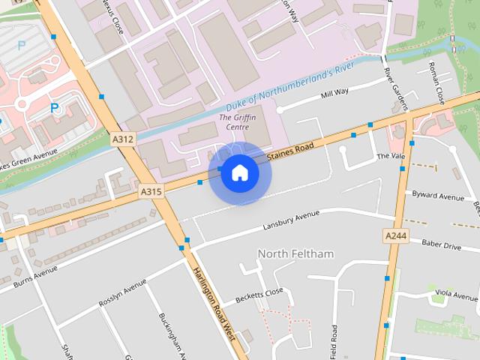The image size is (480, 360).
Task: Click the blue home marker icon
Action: click(239, 173)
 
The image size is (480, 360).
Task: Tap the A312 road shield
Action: click(122, 139)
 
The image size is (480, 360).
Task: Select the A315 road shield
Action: click(151, 192)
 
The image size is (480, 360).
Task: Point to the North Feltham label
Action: click(295, 253)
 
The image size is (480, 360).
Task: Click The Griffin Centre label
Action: click(233, 122)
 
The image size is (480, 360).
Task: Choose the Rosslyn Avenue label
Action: click(123, 294)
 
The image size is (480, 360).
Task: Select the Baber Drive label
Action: click(441, 244)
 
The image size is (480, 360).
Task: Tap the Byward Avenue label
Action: click(439, 196)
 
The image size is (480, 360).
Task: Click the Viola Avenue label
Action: click(456, 293)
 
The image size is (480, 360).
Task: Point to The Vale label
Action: click(390, 156)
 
